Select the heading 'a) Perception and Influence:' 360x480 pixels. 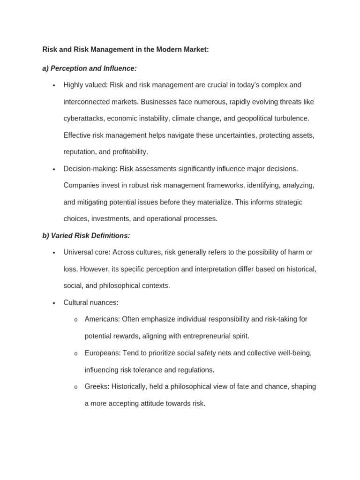[x=90, y=68]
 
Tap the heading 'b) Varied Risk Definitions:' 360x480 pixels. [x=86, y=235]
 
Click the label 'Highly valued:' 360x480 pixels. [x=85, y=85]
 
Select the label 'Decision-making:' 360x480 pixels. [x=90, y=169]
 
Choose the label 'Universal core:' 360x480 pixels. [x=87, y=252]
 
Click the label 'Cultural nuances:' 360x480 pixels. [x=91, y=302]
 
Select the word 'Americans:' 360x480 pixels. [x=102, y=319]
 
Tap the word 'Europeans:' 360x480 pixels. [x=103, y=353]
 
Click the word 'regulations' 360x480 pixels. [x=195, y=370]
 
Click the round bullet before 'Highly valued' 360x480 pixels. [x=54, y=85]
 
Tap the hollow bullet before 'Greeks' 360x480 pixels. [x=76, y=387]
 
